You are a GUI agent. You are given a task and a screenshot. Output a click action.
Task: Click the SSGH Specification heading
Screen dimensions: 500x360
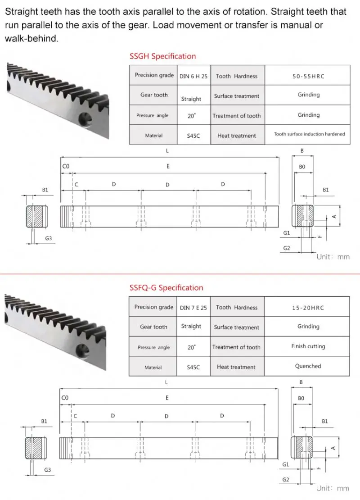162,56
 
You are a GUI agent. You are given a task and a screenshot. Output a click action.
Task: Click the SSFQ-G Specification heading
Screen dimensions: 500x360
166,287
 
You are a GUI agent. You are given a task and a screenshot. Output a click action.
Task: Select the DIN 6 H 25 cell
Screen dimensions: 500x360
193,76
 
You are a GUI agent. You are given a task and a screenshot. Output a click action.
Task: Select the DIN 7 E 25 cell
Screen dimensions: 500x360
193,308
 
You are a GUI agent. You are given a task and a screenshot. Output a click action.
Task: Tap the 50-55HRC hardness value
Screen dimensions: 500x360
308,76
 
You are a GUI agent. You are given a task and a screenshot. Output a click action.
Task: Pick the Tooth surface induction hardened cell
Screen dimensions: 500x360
309,134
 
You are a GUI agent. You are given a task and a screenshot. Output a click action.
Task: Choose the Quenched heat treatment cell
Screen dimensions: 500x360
308,366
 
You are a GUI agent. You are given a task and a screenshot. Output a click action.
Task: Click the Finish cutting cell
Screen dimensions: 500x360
308,346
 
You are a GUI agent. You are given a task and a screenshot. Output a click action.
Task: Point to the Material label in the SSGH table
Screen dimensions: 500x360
154,136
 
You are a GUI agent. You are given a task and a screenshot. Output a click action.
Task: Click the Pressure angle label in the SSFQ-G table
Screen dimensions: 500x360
153,347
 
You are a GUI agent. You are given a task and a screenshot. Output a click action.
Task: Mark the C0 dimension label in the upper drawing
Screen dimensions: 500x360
66,167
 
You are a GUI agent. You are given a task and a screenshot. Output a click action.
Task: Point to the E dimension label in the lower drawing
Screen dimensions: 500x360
167,398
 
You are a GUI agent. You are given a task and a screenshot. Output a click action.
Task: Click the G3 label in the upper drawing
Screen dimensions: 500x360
48,238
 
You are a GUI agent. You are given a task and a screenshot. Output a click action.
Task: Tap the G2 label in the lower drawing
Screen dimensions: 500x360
286,480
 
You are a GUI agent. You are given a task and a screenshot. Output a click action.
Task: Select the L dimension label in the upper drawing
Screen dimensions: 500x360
167,151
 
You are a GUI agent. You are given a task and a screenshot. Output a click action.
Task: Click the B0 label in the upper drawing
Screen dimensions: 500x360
302,167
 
